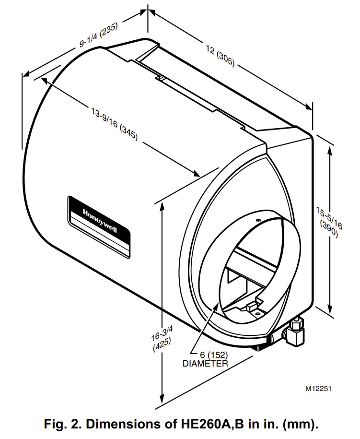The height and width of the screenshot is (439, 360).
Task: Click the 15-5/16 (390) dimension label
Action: [329, 222]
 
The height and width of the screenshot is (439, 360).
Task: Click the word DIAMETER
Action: [205, 364]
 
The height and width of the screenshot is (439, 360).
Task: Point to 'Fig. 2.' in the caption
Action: [58, 424]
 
